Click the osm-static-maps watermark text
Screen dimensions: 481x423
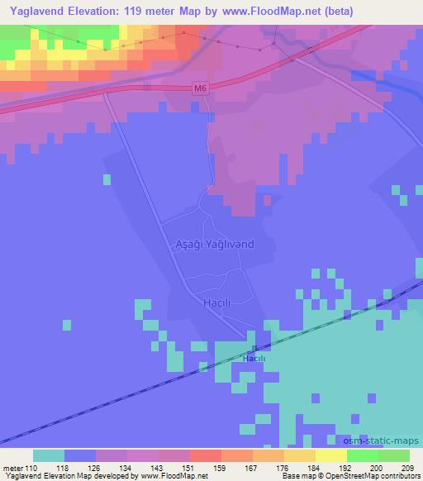[x=381, y=441]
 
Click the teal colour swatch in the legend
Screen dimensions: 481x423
[x=49, y=455]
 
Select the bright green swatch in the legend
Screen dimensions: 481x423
[x=363, y=455]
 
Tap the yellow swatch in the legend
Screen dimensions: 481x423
[x=331, y=455]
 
